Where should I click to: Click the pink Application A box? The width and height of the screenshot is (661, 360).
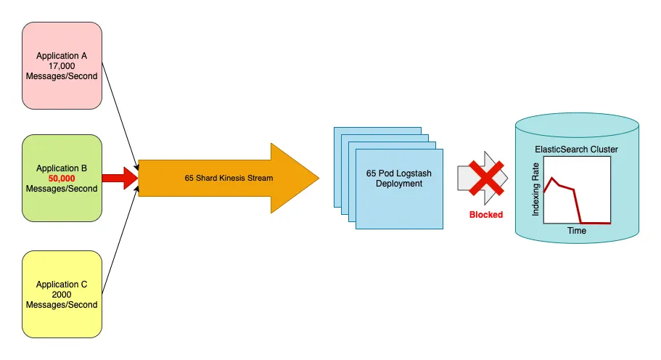(x=62, y=65)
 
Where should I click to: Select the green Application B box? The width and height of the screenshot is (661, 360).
(x=62, y=178)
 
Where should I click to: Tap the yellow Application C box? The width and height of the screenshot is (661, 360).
(x=62, y=294)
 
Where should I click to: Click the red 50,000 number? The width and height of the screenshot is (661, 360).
(x=62, y=179)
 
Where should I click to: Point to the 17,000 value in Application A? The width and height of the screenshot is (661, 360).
(x=62, y=65)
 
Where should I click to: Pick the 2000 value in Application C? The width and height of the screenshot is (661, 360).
(x=62, y=295)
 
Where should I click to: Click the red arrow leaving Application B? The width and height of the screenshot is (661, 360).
(x=119, y=178)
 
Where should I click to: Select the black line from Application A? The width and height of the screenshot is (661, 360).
(x=120, y=116)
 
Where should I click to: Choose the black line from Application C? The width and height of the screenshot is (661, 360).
(x=120, y=240)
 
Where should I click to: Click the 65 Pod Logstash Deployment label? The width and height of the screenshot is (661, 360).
(x=398, y=179)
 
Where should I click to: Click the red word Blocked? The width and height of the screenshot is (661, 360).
(x=485, y=215)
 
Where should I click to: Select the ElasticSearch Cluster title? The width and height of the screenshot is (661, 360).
(x=576, y=150)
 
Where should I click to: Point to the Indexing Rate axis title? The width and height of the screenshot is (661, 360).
(x=536, y=190)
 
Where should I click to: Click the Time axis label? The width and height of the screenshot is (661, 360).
(x=577, y=231)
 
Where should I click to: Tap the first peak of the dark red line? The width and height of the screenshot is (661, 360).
(x=553, y=178)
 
